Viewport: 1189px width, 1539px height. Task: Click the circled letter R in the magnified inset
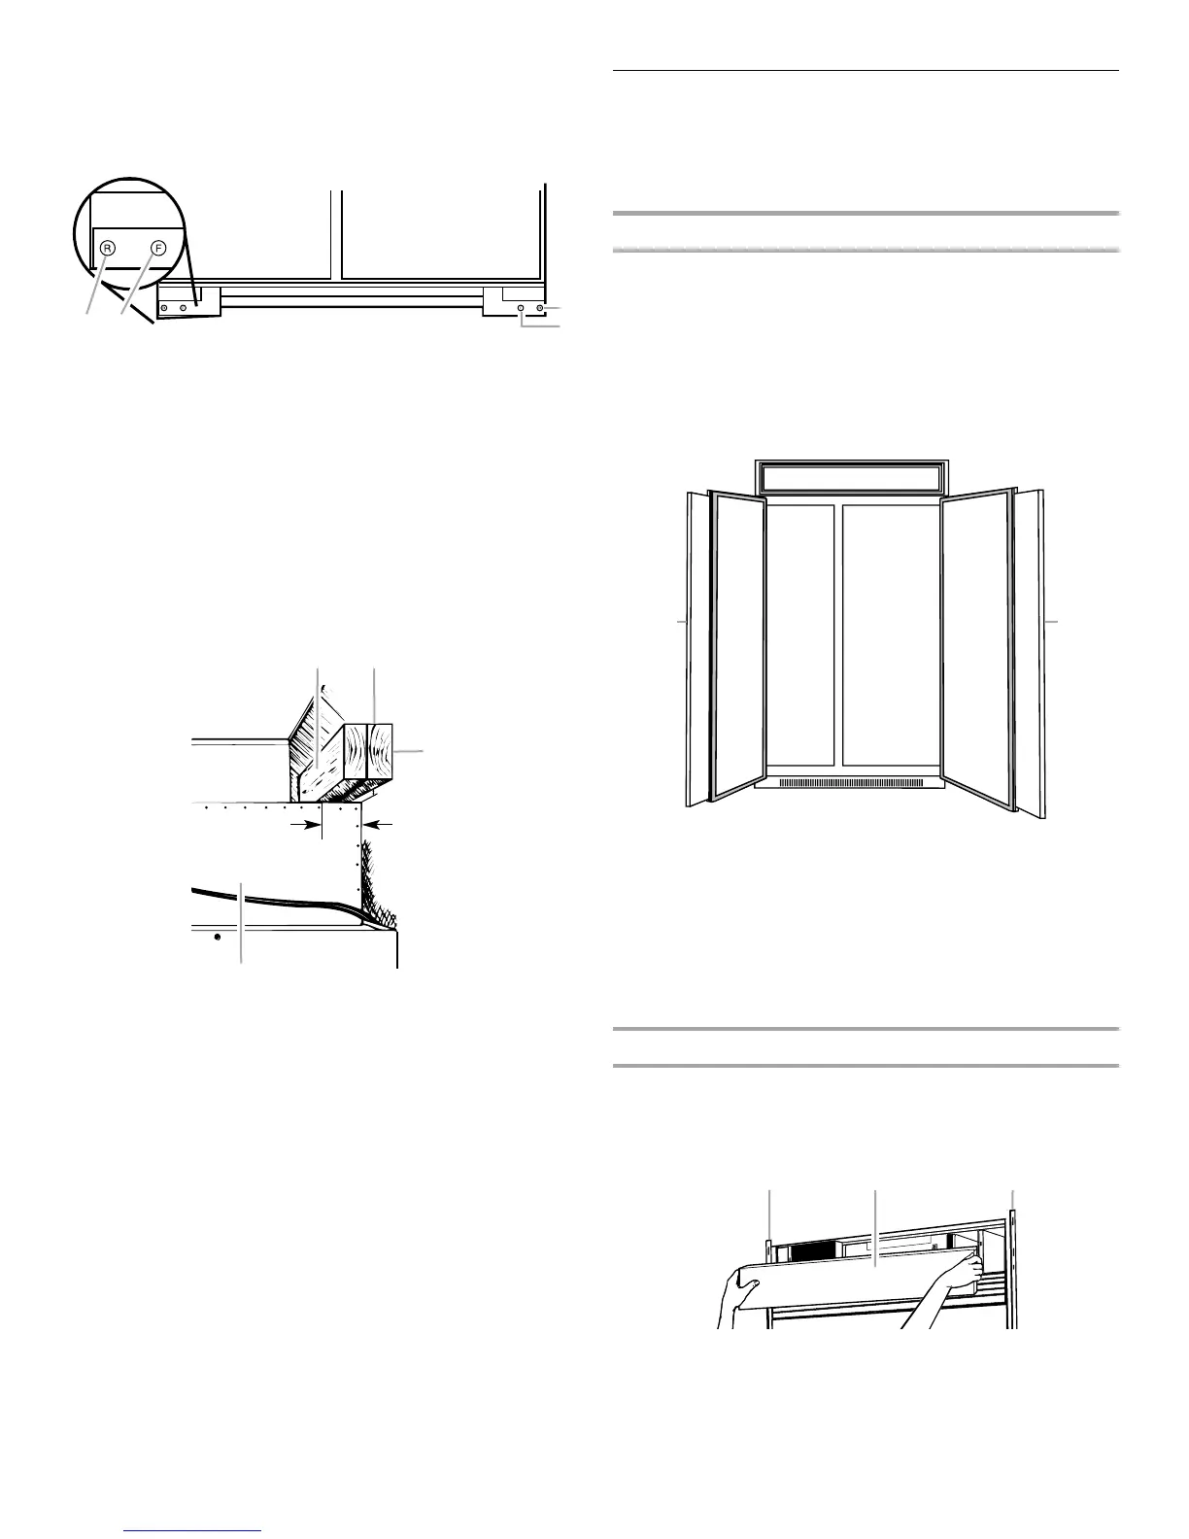click(x=108, y=248)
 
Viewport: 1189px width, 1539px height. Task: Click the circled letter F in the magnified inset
click(x=158, y=248)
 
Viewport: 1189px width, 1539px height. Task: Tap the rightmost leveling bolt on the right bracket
click(x=540, y=308)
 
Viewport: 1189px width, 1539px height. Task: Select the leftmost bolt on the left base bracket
click(x=164, y=308)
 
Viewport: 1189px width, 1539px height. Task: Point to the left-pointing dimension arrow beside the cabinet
click(x=380, y=825)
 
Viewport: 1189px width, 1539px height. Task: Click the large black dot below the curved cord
click(x=217, y=937)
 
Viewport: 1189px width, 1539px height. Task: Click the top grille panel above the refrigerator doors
click(x=851, y=476)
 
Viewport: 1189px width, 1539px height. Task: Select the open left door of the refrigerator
click(x=738, y=646)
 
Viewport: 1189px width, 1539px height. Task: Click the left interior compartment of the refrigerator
click(x=799, y=636)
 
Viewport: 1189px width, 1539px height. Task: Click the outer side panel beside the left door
click(x=698, y=649)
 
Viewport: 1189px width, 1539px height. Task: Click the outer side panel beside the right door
click(x=1031, y=649)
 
